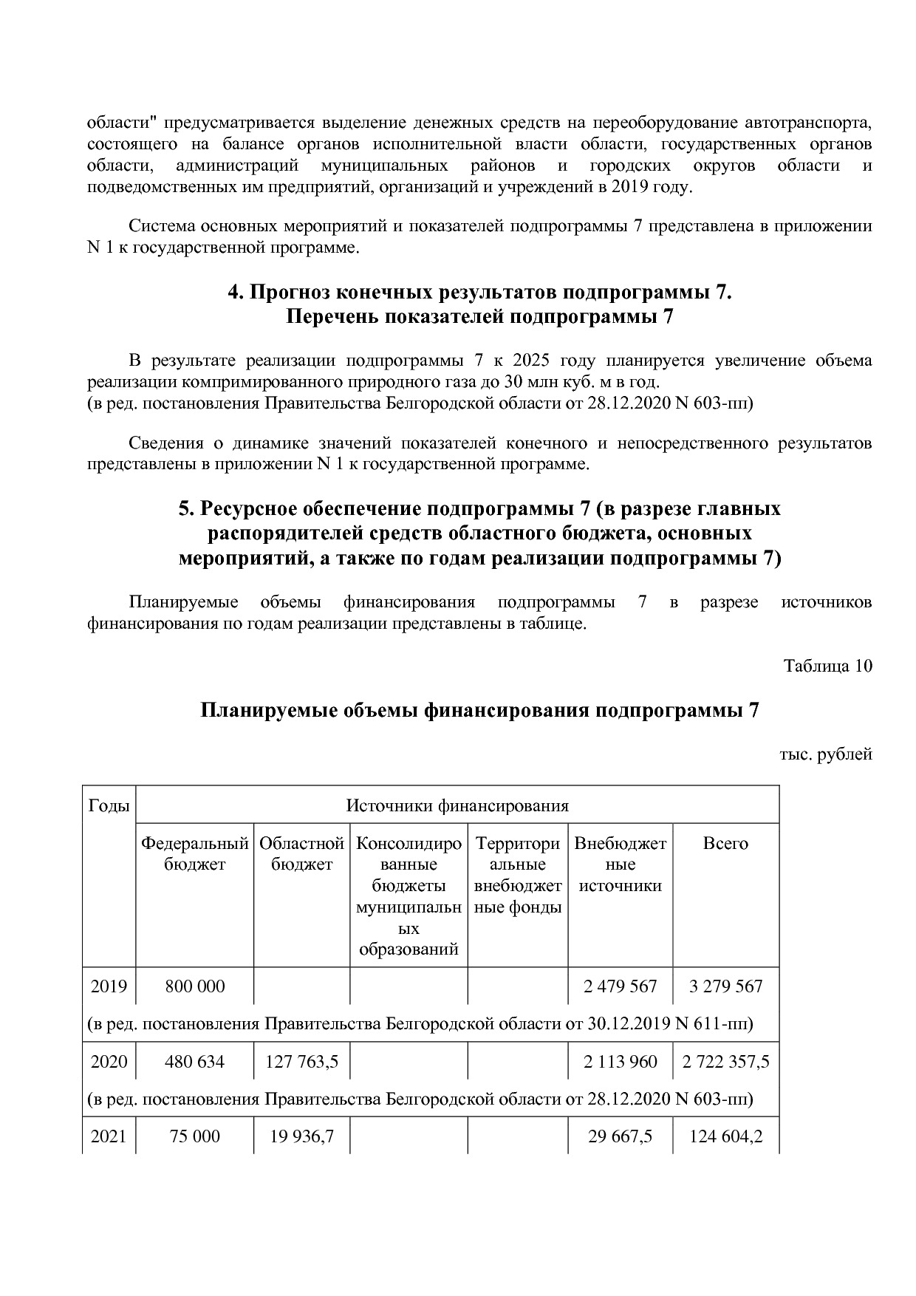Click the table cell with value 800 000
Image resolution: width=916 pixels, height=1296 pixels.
pos(195,986)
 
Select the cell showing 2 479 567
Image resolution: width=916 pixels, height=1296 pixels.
pos(620,986)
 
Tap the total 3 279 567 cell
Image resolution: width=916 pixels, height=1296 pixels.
pos(725,986)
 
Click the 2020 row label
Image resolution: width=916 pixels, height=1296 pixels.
pos(109,1062)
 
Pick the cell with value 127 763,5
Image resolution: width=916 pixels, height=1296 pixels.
pos(301,1062)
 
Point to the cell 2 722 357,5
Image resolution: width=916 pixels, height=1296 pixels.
pos(725,1062)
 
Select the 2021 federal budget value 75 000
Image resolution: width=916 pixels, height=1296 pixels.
pos(195,1136)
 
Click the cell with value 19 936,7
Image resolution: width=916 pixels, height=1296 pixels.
pos(301,1136)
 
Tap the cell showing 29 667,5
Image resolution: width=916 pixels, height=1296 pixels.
pos(620,1136)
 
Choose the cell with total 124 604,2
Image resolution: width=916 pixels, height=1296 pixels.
pos(725,1136)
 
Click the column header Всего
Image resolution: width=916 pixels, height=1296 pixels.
pos(725,844)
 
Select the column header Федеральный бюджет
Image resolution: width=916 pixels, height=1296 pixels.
pos(195,853)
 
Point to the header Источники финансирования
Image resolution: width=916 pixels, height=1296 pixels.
pos(457,805)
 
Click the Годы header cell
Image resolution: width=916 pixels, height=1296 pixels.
pos(109,805)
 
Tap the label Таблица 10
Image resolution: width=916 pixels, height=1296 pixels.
pos(827,666)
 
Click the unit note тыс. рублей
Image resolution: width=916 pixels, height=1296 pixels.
pos(826,754)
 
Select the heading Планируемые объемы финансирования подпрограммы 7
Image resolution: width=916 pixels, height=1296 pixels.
pos(479,711)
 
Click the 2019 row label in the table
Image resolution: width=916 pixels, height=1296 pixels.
pos(109,986)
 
